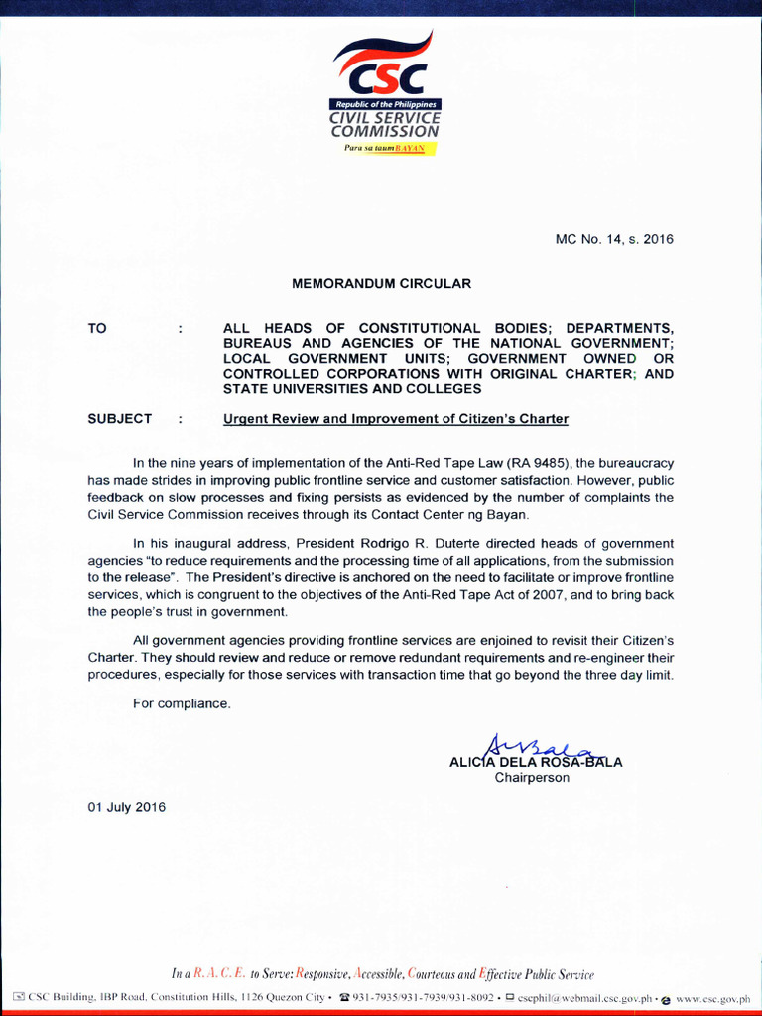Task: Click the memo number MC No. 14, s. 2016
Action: [x=614, y=239]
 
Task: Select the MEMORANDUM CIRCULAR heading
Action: [x=381, y=284]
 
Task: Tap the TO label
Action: [x=97, y=328]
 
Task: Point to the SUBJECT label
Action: [x=120, y=419]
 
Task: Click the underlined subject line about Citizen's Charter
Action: [x=396, y=419]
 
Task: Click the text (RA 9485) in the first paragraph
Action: [x=541, y=463]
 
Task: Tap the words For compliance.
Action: [x=182, y=703]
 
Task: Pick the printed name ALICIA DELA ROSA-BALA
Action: [x=536, y=763]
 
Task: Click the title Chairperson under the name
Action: [x=532, y=778]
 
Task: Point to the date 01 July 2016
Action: [x=127, y=807]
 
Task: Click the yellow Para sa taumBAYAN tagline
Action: [x=385, y=148]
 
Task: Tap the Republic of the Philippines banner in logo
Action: [x=385, y=104]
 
